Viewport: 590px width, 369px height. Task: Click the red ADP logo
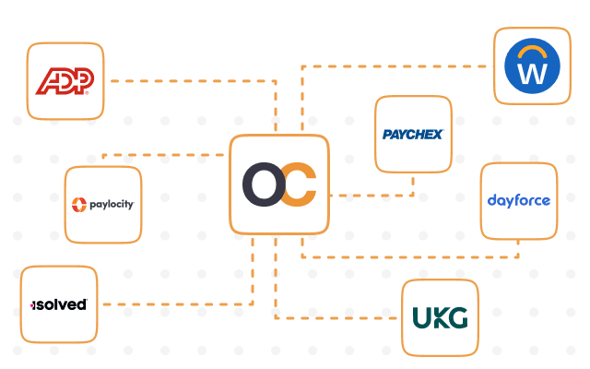(65, 81)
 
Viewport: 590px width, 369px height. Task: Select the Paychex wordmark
(413, 135)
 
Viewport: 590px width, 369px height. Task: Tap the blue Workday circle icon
(532, 65)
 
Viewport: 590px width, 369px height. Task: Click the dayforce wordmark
(519, 201)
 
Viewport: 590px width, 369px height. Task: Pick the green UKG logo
(441, 317)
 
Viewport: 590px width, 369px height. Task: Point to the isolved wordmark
(59, 304)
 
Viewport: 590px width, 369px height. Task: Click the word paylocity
(112, 205)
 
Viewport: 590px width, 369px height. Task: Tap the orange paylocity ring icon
(79, 205)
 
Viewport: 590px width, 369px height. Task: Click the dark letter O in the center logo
(265, 184)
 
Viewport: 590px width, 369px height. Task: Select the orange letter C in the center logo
(299, 184)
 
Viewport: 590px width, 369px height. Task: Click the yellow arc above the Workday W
(532, 52)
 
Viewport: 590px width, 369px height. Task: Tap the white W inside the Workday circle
(532, 74)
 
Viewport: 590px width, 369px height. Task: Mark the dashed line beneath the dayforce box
(410, 257)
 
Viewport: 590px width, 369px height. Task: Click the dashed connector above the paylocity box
(163, 155)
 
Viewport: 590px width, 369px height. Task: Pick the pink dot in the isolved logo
(32, 305)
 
